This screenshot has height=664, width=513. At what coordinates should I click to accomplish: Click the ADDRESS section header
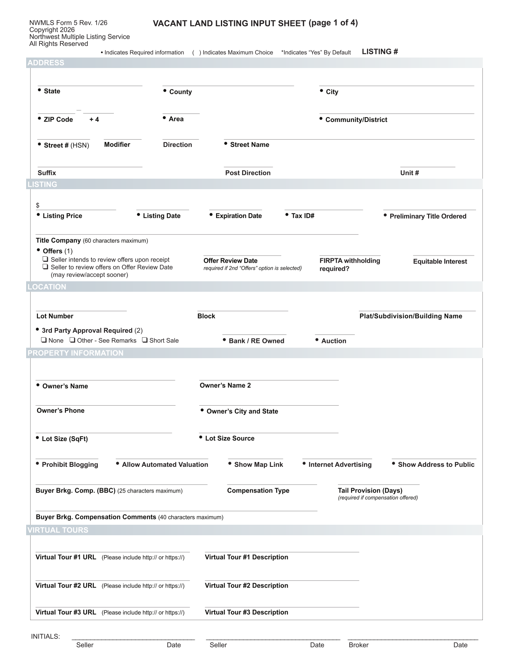46,63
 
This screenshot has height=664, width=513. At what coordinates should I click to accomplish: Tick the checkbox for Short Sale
145,340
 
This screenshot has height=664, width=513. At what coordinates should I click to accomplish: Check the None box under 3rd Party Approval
44,340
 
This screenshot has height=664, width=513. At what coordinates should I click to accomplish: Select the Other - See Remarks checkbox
72,340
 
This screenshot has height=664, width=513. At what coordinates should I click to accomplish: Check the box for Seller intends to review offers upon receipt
46,260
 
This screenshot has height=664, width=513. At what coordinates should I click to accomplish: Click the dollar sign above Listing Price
38,206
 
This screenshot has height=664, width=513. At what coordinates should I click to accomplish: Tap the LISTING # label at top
380,52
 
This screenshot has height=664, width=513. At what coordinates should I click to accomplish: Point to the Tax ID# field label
303,216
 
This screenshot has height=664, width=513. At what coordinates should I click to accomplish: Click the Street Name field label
249,145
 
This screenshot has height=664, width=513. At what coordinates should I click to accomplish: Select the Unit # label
410,173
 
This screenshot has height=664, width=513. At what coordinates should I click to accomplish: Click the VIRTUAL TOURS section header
58,530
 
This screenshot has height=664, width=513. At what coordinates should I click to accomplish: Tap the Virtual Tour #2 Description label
246,586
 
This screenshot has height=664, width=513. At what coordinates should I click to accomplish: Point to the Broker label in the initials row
358,645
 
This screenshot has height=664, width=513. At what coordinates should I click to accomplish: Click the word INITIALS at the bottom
45,637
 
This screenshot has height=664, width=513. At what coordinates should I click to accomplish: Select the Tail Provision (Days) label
370,491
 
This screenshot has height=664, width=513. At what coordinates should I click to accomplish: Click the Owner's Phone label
60,410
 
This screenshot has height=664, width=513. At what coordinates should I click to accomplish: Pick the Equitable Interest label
440,262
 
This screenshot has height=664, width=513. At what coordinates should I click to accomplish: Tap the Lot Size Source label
230,439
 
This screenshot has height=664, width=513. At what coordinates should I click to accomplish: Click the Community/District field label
356,120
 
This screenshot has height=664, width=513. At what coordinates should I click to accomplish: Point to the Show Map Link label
258,465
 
